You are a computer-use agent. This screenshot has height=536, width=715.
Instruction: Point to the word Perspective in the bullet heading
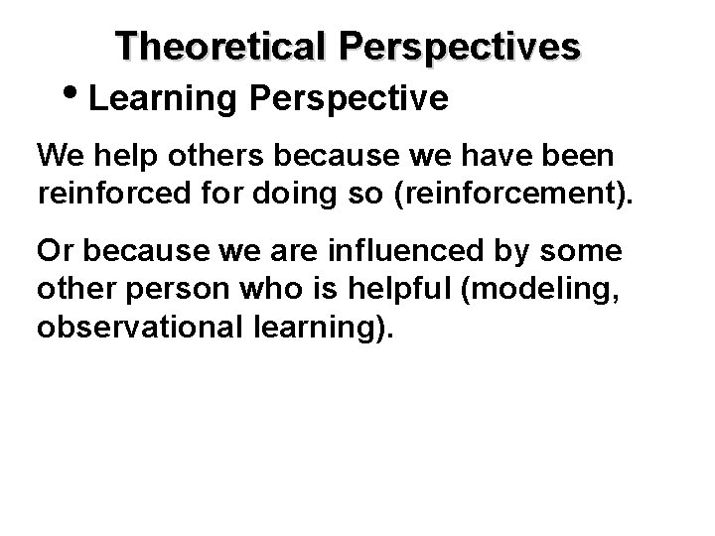(x=351, y=98)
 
